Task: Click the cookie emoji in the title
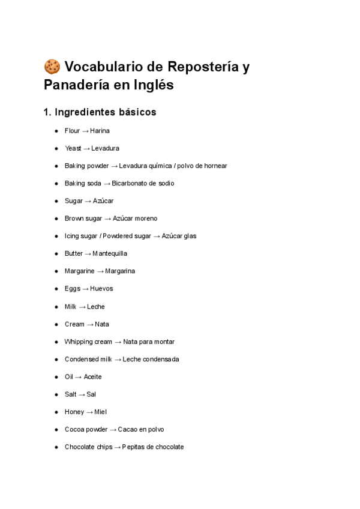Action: click(x=52, y=67)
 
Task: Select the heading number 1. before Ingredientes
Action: click(x=47, y=112)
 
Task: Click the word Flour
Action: click(x=72, y=131)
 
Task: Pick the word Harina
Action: click(x=100, y=131)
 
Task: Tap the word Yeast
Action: click(x=73, y=148)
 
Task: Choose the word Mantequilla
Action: click(x=110, y=253)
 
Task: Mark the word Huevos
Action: click(x=101, y=289)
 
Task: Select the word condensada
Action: click(x=160, y=359)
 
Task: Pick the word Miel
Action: click(x=100, y=412)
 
